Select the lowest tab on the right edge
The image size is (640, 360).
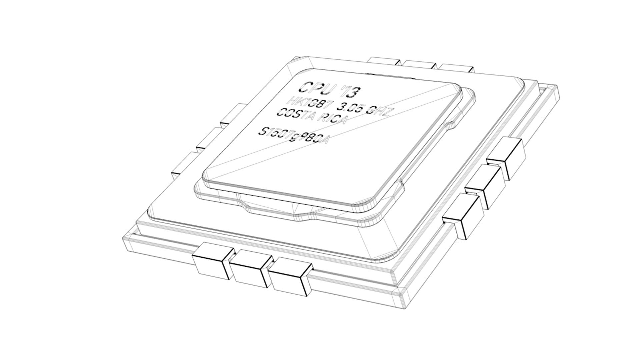tap(463, 215)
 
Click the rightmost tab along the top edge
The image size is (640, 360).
tap(456, 67)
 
